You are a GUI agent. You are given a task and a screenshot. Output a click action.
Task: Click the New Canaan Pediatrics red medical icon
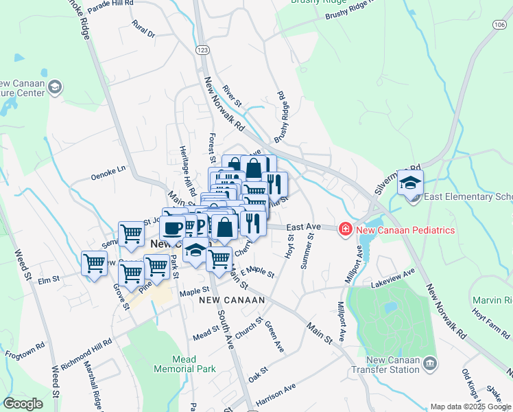tap(346, 230)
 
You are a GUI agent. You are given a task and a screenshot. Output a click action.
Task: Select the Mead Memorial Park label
tap(184, 363)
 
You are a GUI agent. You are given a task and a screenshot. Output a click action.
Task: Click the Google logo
tap(23, 404)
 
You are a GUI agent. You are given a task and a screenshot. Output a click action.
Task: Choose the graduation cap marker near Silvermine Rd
tap(410, 183)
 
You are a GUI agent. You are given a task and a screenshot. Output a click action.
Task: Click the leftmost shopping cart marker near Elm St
tap(94, 262)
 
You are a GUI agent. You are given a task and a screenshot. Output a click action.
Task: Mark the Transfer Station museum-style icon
tap(429, 362)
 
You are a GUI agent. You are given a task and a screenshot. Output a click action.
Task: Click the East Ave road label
tap(303, 226)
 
